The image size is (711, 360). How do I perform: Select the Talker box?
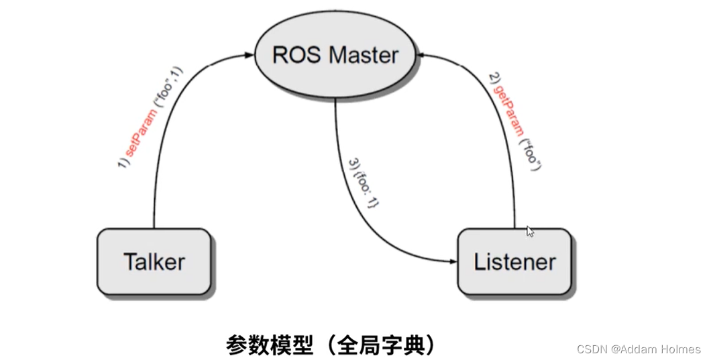pyautogui.click(x=154, y=262)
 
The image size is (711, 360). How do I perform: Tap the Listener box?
pyautogui.click(x=514, y=262)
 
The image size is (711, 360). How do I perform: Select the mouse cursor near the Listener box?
pyautogui.click(x=530, y=231)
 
